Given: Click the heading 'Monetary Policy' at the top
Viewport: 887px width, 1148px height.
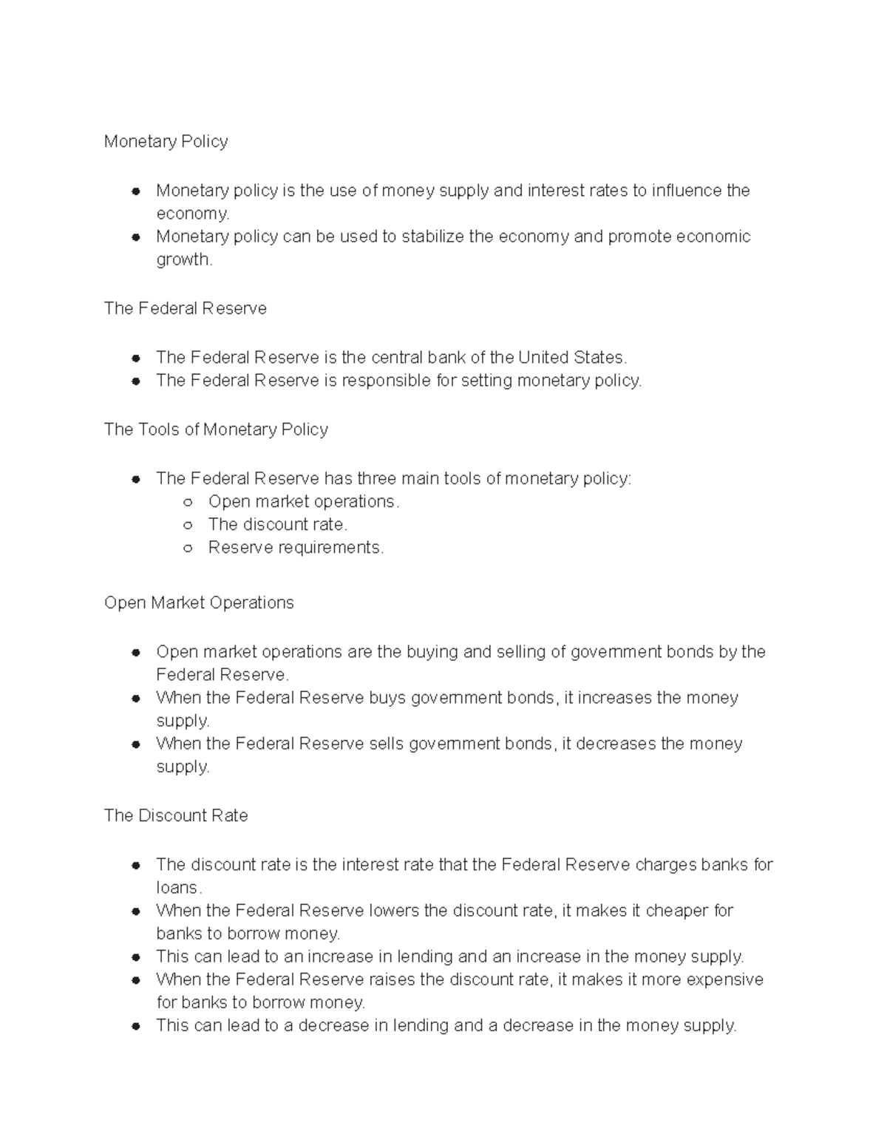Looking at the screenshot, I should [x=166, y=141].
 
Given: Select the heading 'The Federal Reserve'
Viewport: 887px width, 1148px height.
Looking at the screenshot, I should [x=185, y=308].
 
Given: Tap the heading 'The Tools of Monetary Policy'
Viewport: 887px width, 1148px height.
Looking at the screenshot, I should [x=216, y=429].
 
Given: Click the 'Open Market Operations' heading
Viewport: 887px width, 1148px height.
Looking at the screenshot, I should [x=199, y=602].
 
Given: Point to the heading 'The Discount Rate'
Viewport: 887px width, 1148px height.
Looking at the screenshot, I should [x=176, y=815].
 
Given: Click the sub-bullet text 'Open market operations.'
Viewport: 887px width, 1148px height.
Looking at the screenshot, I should [x=303, y=501].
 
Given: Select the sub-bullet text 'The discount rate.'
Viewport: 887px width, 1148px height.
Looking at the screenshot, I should [x=277, y=524].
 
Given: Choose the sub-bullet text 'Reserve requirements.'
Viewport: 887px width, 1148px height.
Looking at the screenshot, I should [x=296, y=548].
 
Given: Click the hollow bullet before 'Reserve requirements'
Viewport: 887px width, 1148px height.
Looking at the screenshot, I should [x=188, y=548].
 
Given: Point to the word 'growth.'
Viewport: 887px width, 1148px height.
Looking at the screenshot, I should [x=184, y=259].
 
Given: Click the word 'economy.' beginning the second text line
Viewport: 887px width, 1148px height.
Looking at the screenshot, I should [x=193, y=214].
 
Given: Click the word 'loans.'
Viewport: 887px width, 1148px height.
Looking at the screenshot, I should [x=179, y=888].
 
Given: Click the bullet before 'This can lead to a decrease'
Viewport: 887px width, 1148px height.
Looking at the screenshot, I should [x=136, y=1026].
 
